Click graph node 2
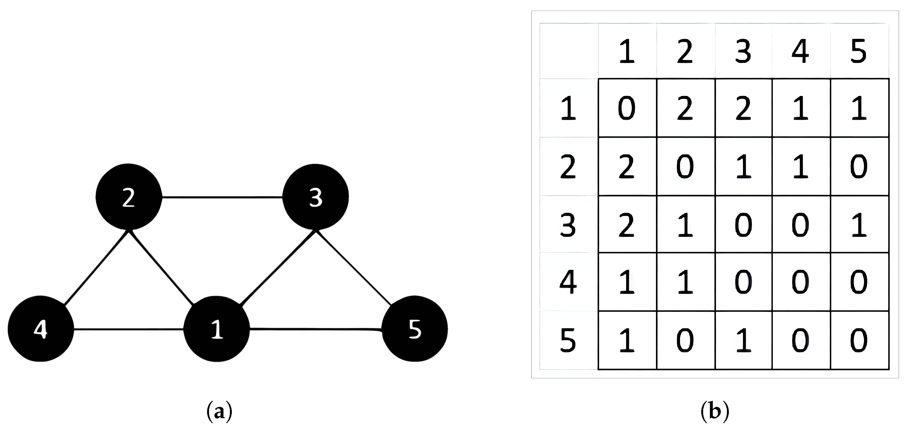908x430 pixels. coord(129,197)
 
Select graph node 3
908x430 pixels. coord(316,197)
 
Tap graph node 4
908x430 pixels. coord(41,329)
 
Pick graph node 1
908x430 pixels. coord(217,329)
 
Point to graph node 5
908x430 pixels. coord(415,329)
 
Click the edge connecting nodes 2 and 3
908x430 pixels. coord(222,197)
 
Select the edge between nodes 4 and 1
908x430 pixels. coord(129,330)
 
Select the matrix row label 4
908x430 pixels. coord(568,282)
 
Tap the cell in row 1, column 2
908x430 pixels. coord(685,108)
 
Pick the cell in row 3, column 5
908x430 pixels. coord(859,225)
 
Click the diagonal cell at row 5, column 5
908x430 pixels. coord(859,340)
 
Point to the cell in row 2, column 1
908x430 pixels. coord(627,166)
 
